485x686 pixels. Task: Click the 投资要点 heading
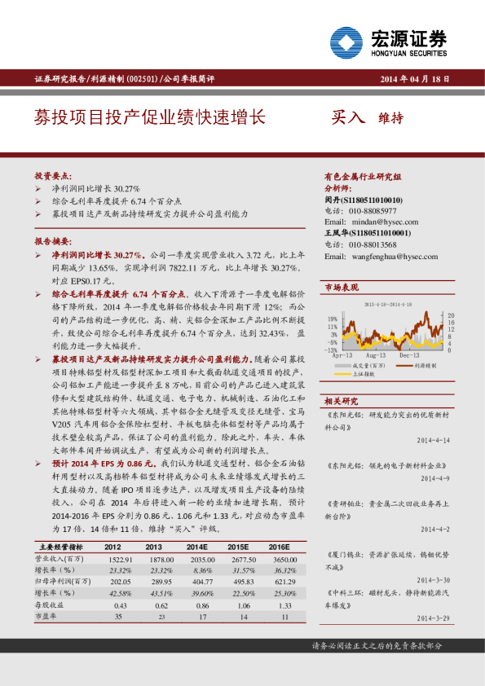53,175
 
